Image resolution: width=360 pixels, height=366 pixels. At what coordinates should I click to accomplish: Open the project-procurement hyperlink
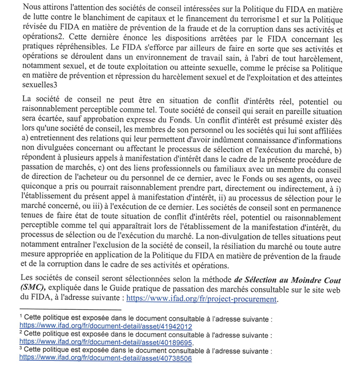click(202, 299)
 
